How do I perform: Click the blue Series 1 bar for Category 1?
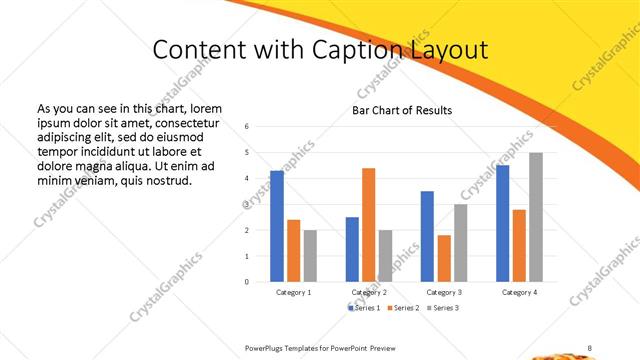tap(277, 226)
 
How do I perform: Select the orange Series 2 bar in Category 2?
tap(368, 225)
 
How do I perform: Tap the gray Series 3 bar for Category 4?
tap(536, 217)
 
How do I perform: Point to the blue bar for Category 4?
tap(502, 223)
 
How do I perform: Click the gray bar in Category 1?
tap(310, 256)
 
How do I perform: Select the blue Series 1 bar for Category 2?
tap(352, 249)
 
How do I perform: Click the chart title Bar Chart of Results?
tap(401, 110)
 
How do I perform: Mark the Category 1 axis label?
tap(293, 292)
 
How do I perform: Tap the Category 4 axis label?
tap(518, 292)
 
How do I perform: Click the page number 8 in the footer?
tap(590, 347)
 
